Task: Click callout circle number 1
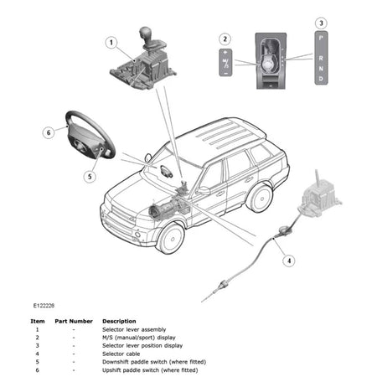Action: coord(110,41)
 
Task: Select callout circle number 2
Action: coord(224,39)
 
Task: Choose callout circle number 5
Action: coord(88,177)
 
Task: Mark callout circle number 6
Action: coord(49,132)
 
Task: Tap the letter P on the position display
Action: coord(321,39)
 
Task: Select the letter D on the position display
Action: coord(321,80)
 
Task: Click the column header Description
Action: coord(119,321)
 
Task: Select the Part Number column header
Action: coord(74,321)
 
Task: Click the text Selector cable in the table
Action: coord(122,353)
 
